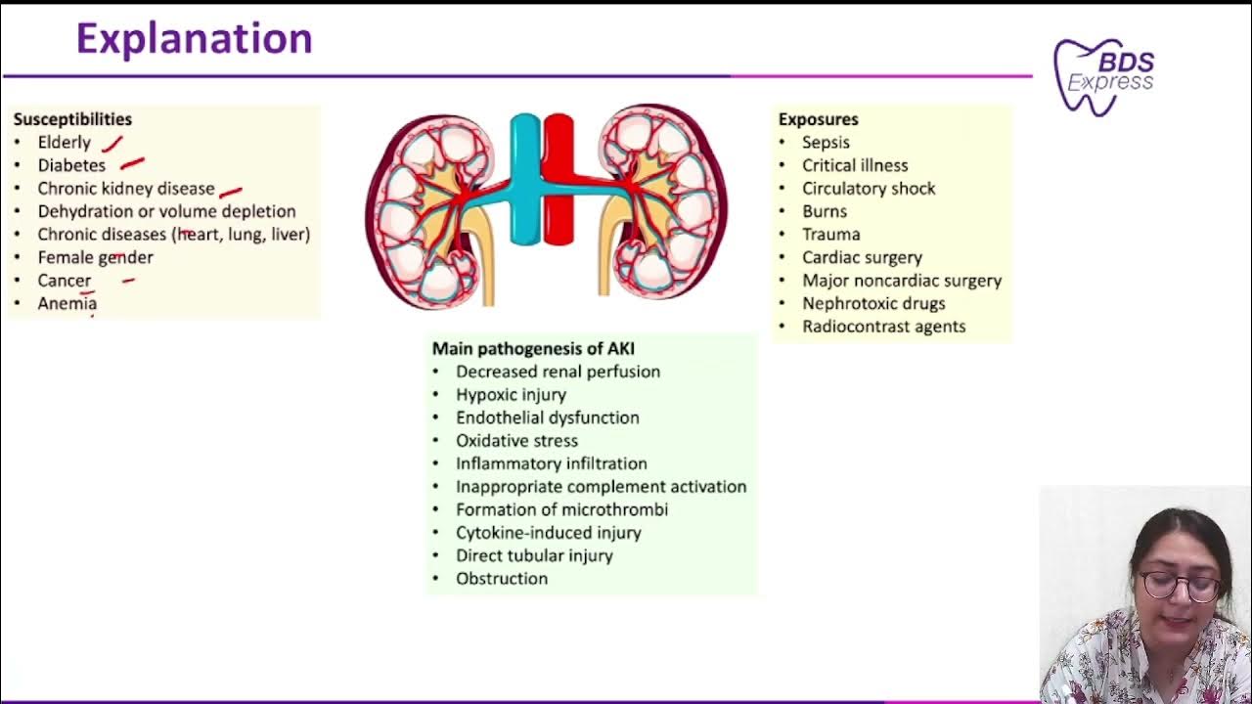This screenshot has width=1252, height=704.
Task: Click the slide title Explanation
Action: pyautogui.click(x=194, y=40)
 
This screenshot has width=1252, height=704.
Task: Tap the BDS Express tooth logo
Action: pyautogui.click(x=1103, y=75)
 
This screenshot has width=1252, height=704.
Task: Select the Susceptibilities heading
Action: pyautogui.click(x=72, y=119)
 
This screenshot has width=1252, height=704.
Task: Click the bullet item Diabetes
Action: pyautogui.click(x=71, y=165)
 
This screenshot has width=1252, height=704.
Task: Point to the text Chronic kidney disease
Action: pyautogui.click(x=125, y=189)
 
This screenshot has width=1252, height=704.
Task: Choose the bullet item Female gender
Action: pyautogui.click(x=95, y=257)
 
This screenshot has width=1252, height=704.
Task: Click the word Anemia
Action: pyautogui.click(x=67, y=303)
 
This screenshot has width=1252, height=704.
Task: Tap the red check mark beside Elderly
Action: pyautogui.click(x=112, y=145)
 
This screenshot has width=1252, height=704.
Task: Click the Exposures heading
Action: pyautogui.click(x=818, y=119)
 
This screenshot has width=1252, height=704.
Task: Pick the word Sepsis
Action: pyautogui.click(x=826, y=143)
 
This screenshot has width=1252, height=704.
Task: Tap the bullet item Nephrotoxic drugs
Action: pyautogui.click(x=873, y=303)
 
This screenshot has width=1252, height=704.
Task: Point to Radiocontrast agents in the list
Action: pyautogui.click(x=883, y=327)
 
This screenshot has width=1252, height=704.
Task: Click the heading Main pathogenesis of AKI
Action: pyautogui.click(x=533, y=348)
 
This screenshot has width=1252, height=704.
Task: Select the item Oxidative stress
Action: pyautogui.click(x=516, y=440)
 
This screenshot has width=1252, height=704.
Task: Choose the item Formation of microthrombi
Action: pyautogui.click(x=561, y=509)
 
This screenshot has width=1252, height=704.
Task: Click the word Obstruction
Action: pyautogui.click(x=501, y=579)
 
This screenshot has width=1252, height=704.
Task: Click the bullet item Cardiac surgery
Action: pyautogui.click(x=862, y=257)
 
